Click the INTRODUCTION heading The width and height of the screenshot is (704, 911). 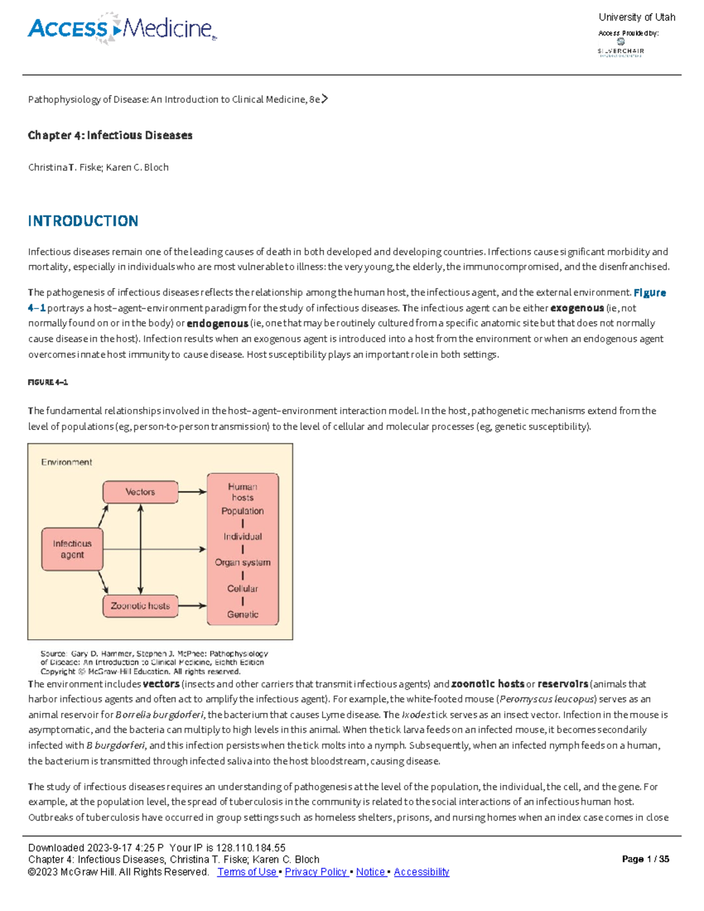(x=83, y=221)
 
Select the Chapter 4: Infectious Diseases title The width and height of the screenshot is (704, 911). (x=110, y=136)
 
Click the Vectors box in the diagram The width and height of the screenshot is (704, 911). (x=140, y=492)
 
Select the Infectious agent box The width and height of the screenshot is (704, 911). (x=72, y=549)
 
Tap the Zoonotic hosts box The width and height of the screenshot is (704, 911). (x=140, y=606)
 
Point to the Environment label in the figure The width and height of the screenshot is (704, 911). (x=66, y=462)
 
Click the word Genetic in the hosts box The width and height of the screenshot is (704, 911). (x=242, y=614)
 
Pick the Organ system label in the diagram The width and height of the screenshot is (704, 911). (x=242, y=563)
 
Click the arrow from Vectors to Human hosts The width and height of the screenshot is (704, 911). (x=192, y=492)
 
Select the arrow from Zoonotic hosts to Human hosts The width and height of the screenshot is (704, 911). (x=192, y=606)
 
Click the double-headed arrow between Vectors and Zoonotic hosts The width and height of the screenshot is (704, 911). (x=140, y=549)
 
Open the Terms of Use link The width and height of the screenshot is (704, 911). (x=247, y=872)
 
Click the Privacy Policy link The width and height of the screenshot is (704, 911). (x=316, y=872)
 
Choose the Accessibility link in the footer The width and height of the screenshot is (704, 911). (x=421, y=872)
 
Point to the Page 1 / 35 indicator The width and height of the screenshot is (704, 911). (x=645, y=859)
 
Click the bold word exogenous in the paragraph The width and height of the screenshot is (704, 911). (x=577, y=308)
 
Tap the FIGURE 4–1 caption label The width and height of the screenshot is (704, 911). (x=48, y=382)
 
